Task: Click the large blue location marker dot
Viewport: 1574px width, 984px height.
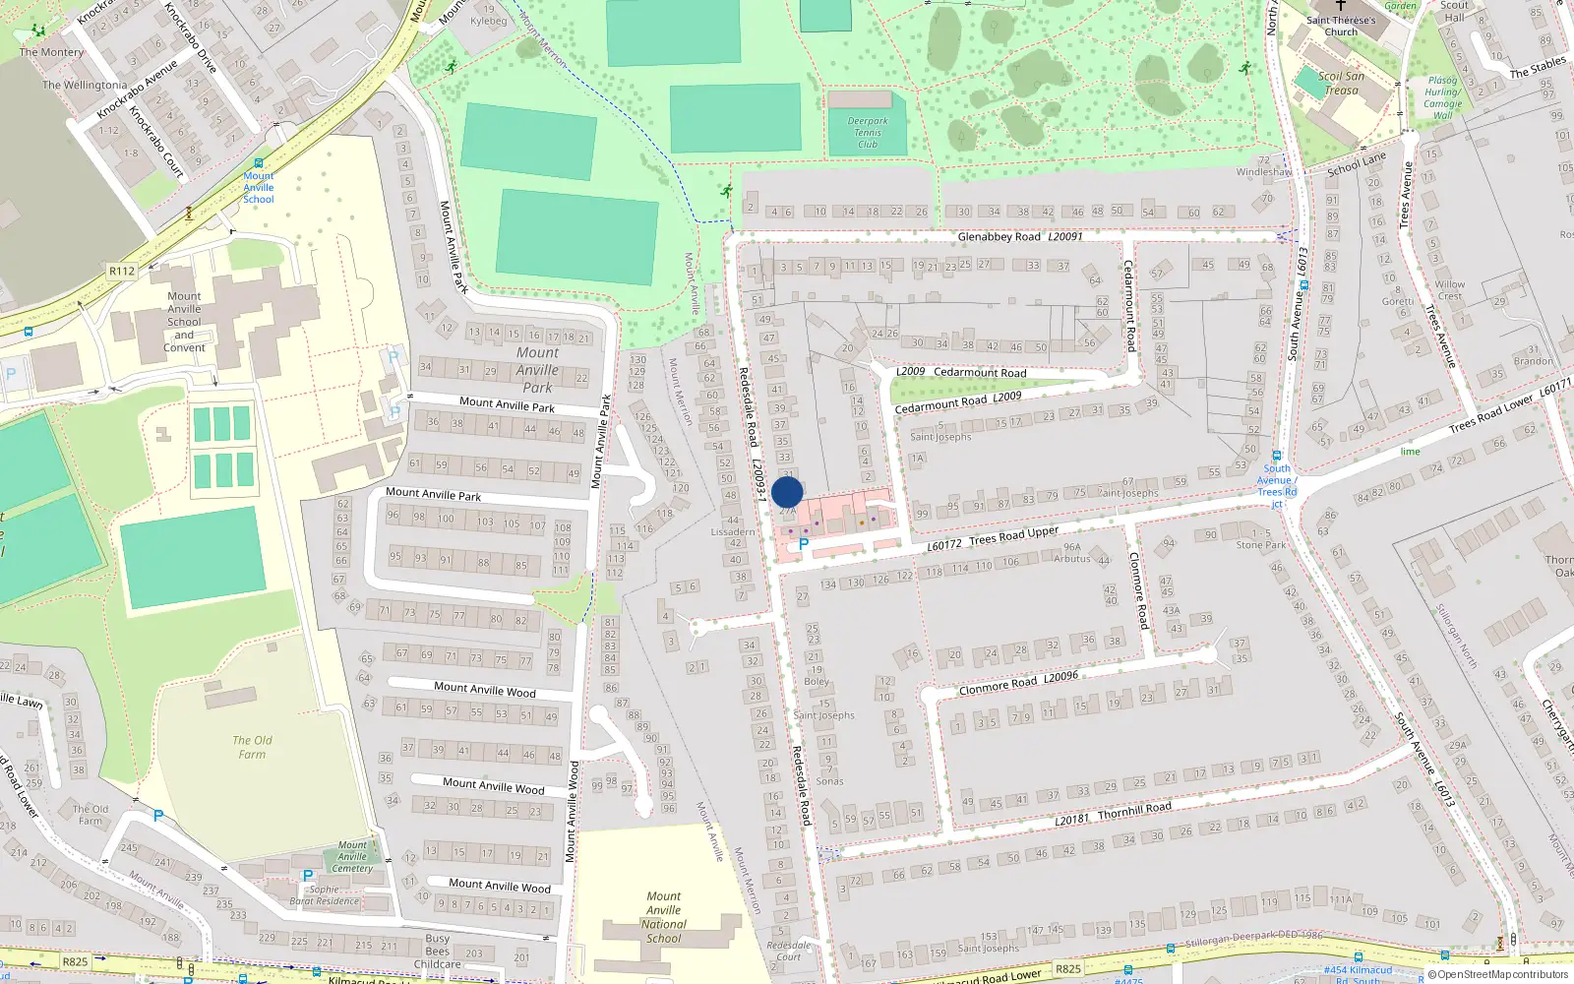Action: [x=787, y=492]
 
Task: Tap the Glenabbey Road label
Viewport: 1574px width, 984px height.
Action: [x=999, y=237]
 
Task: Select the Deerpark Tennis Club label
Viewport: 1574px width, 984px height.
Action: [x=867, y=133]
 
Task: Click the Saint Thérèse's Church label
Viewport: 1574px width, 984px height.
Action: [x=1340, y=26]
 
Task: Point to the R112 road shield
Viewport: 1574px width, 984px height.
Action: [x=122, y=271]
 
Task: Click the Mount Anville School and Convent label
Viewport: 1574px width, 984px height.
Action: [x=184, y=322]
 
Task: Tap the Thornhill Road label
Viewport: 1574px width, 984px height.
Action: [x=1134, y=810]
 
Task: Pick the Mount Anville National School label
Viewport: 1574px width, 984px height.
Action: [x=664, y=917]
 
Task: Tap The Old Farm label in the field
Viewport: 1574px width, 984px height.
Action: [x=252, y=747]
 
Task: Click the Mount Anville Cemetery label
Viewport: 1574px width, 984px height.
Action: [x=352, y=856]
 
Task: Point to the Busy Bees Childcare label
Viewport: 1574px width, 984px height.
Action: [x=438, y=951]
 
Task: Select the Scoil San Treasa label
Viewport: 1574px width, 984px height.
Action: [x=1341, y=83]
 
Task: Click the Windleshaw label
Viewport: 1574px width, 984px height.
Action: [x=1264, y=172]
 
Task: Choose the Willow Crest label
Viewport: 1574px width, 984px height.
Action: [x=1449, y=290]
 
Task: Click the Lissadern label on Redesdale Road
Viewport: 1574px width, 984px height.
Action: [x=733, y=531]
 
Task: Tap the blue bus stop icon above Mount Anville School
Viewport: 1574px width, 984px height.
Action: [x=259, y=163]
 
